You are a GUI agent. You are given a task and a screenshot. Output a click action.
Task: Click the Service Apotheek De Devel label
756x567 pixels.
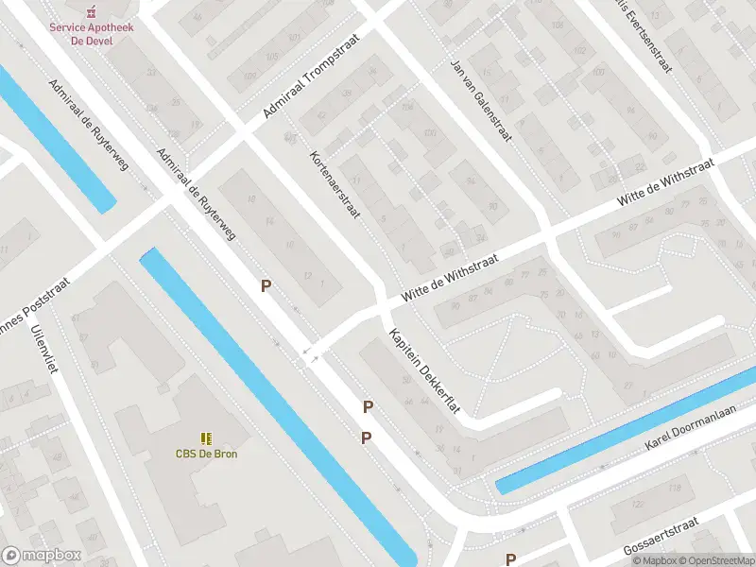click(92, 33)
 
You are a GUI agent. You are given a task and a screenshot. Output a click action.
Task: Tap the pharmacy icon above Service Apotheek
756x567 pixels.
click(92, 11)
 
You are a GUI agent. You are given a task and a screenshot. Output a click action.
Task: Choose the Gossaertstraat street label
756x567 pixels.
click(674, 535)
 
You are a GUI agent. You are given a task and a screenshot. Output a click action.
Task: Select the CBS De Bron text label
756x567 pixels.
click(205, 454)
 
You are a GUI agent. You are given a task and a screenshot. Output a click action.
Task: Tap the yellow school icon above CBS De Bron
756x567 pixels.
click(205, 438)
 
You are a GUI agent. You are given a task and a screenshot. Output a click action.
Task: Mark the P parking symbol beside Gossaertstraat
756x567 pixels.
click(511, 558)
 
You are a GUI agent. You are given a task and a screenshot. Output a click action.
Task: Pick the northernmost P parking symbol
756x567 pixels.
click(266, 285)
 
